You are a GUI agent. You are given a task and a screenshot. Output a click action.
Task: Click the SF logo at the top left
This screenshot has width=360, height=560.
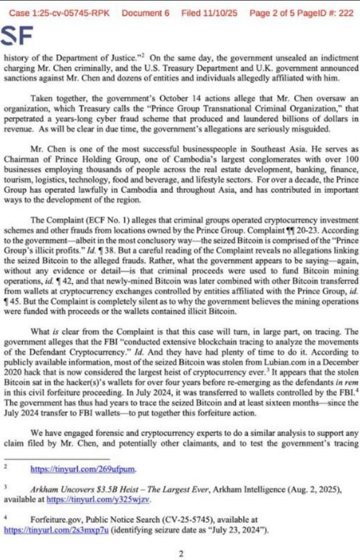(x=18, y=36)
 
